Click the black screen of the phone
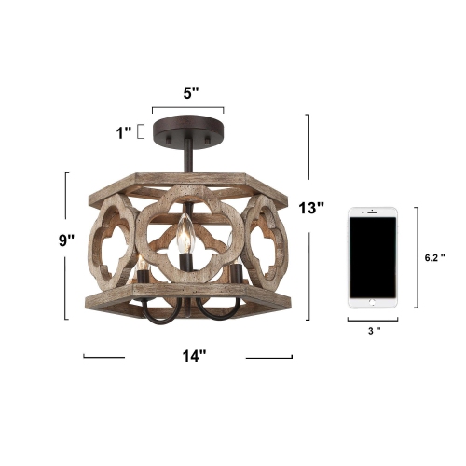click(372, 255)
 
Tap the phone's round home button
click(372, 301)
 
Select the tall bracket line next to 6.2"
click(415, 257)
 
